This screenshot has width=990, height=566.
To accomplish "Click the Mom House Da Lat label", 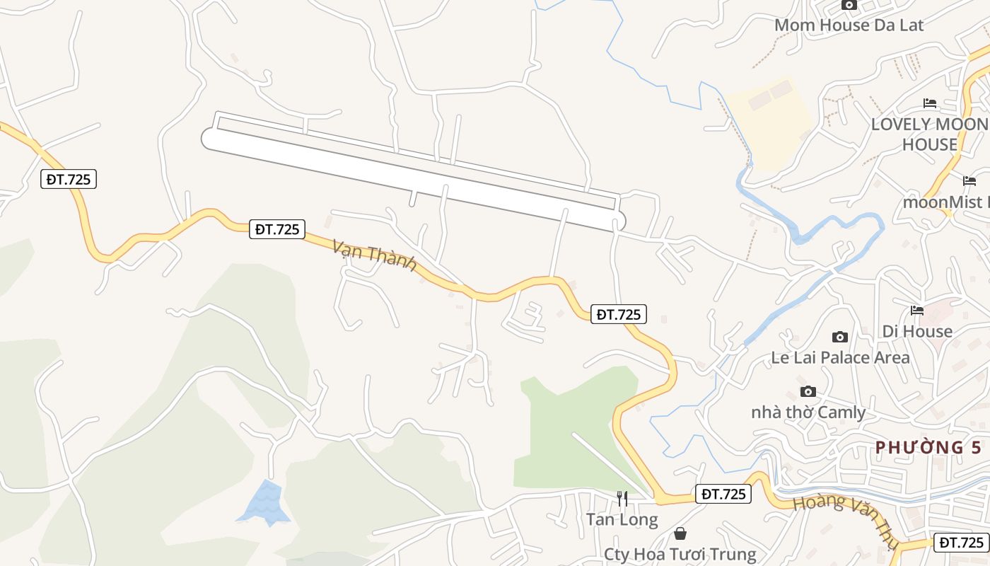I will [849, 25].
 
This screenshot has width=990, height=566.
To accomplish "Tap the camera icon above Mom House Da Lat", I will [849, 5].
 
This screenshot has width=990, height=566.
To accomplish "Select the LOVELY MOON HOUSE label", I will [929, 134].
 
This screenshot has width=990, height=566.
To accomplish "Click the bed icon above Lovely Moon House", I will [930, 103].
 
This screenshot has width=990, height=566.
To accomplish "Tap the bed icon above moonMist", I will [969, 180].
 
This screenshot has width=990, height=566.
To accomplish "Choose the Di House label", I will [917, 331].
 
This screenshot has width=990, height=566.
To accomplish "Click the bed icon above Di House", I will [917, 310].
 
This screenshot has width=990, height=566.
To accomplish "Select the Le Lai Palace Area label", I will [840, 358].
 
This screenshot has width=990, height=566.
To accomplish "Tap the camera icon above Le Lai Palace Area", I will [840, 337].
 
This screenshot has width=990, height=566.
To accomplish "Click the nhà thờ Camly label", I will [808, 412].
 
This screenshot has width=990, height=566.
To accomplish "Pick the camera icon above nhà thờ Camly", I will [808, 391].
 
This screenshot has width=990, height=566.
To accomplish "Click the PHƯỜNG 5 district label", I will [928, 448].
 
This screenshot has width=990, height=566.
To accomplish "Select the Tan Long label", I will [622, 520].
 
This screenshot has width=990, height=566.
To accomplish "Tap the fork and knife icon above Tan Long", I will [622, 499].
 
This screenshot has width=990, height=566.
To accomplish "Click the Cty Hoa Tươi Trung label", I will [680, 554].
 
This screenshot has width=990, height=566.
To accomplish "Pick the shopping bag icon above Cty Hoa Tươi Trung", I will [680, 533].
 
